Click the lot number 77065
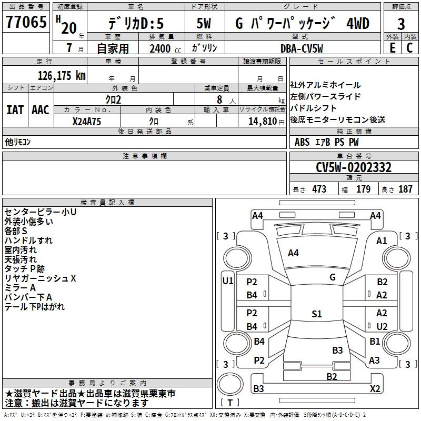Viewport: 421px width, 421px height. [26, 22]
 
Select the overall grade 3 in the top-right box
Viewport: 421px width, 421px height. [401, 24]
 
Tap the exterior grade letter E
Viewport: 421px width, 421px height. [392, 48]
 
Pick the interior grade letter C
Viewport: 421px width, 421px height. [409, 48]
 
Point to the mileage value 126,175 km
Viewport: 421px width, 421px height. [62, 76]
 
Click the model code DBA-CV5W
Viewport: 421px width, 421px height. [302, 48]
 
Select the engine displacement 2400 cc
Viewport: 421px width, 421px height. [165, 48]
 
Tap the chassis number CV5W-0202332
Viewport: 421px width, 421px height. [354, 167]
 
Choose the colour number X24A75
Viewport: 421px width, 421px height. [87, 122]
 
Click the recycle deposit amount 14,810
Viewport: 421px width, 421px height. [263, 122]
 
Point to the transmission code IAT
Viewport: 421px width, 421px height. [15, 110]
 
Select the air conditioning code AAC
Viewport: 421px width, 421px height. [41, 110]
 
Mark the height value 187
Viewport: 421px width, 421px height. [405, 189]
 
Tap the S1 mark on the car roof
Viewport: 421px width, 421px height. [317, 314]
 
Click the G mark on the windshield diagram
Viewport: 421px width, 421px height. [333, 277]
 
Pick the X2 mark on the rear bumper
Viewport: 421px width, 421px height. [375, 388]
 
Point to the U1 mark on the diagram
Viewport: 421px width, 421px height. [228, 281]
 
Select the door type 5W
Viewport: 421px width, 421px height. [204, 23]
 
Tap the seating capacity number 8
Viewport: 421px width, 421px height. [219, 99]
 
